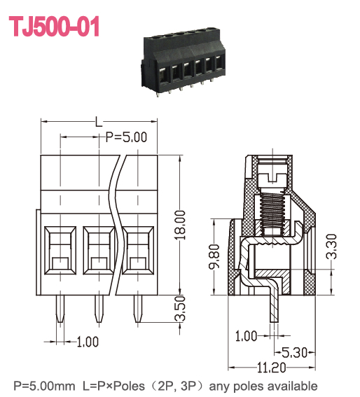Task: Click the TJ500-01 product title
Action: (x=55, y=27)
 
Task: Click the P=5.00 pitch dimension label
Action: (x=126, y=137)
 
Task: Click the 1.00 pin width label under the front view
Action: (x=87, y=342)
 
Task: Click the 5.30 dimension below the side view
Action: (x=296, y=352)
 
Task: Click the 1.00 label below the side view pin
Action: (x=247, y=336)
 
